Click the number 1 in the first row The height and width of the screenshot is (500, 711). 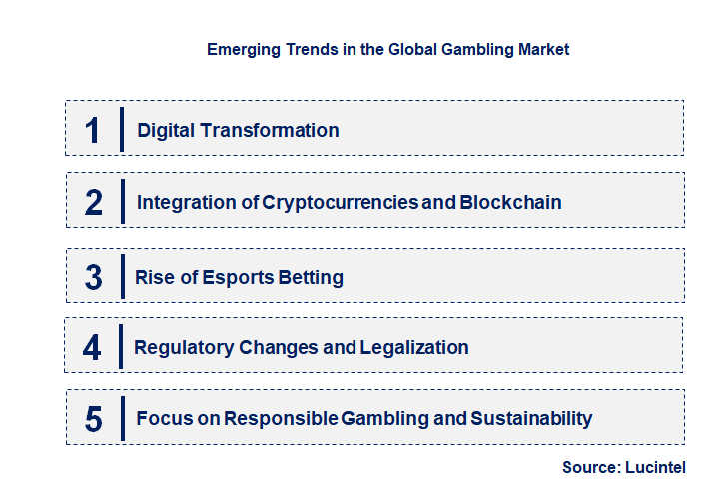click(93, 130)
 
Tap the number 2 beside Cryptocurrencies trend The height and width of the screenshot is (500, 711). click(94, 203)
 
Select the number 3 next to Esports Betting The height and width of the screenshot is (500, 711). click(94, 278)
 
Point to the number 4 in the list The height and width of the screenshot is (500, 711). click(93, 348)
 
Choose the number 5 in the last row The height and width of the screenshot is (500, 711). click(94, 419)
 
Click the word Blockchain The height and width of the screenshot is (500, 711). click(510, 203)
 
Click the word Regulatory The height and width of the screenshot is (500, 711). click(184, 348)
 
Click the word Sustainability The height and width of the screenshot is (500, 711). click(530, 419)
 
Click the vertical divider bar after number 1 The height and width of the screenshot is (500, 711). click(121, 129)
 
